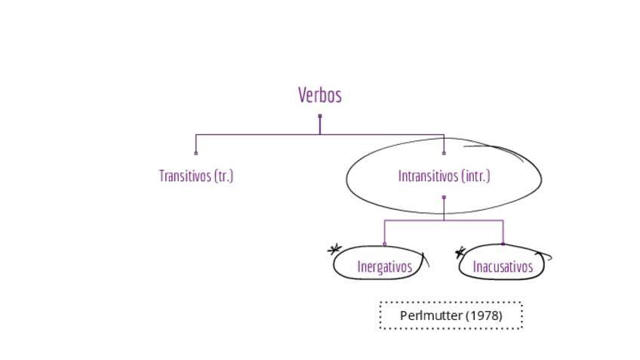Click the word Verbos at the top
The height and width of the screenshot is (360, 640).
[320, 95]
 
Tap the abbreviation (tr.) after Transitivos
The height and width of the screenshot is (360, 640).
[224, 176]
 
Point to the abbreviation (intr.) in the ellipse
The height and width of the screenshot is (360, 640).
[475, 176]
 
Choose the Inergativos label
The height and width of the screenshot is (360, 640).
[384, 266]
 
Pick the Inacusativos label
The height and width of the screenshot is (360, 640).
[503, 266]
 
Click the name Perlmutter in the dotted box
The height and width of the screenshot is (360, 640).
[432, 315]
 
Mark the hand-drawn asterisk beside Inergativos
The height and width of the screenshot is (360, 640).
[334, 249]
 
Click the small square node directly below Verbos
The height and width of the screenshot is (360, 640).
[320, 116]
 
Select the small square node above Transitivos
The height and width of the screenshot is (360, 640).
[196, 152]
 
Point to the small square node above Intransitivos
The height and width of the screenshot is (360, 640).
[444, 152]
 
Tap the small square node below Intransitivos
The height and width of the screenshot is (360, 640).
[444, 197]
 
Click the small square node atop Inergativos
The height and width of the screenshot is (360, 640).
[385, 244]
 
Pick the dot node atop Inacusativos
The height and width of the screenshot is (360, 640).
[503, 244]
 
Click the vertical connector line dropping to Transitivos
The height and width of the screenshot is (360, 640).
[196, 143]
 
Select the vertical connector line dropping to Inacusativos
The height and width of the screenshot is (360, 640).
[503, 232]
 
